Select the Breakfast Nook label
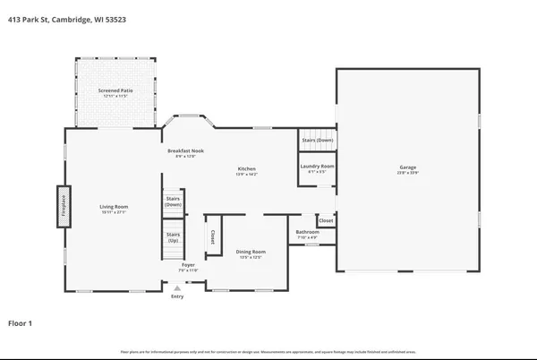click(x=185, y=150)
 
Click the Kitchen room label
click(x=246, y=168)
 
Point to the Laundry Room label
click(x=316, y=167)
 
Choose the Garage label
click(x=408, y=167)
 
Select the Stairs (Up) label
click(x=174, y=238)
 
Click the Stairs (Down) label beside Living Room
click(x=174, y=201)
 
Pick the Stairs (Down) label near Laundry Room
click(x=317, y=140)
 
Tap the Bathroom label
click(x=308, y=234)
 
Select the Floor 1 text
click(x=22, y=321)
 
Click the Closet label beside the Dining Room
click(x=212, y=237)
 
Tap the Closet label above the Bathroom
click(x=326, y=220)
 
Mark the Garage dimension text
click(x=408, y=173)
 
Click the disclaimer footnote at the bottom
click(x=268, y=352)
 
